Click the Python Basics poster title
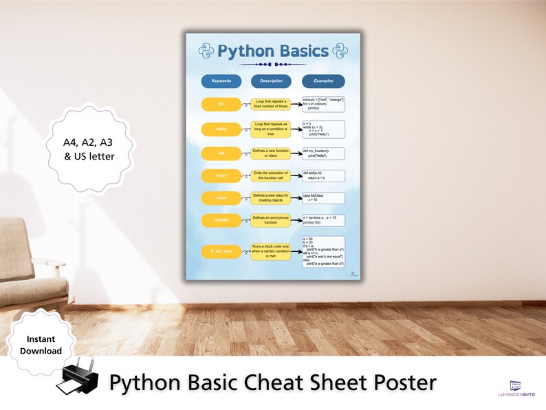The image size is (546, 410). (273, 51)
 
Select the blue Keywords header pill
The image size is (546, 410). (221, 81)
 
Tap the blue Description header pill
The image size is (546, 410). (271, 81)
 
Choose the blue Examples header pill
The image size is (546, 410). (323, 81)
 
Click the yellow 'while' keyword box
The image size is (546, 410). (221, 129)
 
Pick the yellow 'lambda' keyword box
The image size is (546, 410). (221, 220)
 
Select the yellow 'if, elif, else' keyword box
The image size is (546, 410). (221, 252)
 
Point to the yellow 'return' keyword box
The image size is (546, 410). (221, 175)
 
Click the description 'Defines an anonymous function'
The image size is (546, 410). (271, 220)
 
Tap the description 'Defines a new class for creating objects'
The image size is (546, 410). (271, 198)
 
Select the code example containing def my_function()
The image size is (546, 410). (323, 153)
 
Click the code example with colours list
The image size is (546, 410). (323, 104)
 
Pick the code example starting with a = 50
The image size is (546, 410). (323, 251)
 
